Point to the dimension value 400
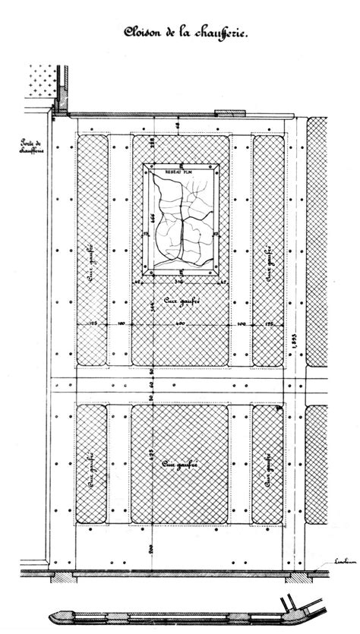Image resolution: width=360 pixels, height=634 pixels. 180,326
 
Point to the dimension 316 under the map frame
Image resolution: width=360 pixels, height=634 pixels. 180,282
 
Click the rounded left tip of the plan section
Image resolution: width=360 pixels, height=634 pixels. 55,613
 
